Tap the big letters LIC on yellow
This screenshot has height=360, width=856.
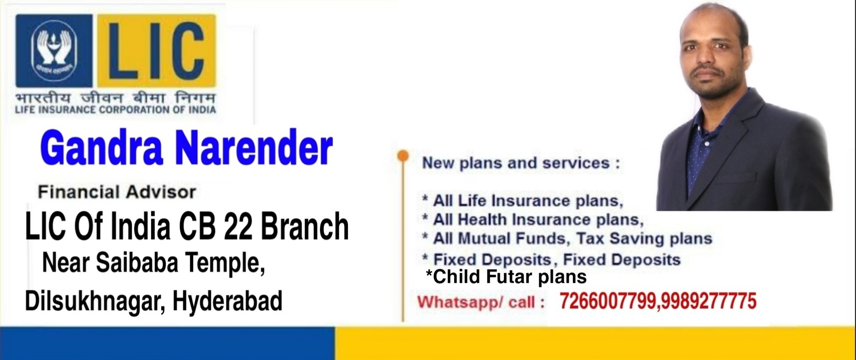point(155,50)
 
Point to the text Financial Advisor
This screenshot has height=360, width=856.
point(117,192)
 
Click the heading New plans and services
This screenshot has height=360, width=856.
point(520,163)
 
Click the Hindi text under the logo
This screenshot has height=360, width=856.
point(115,98)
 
